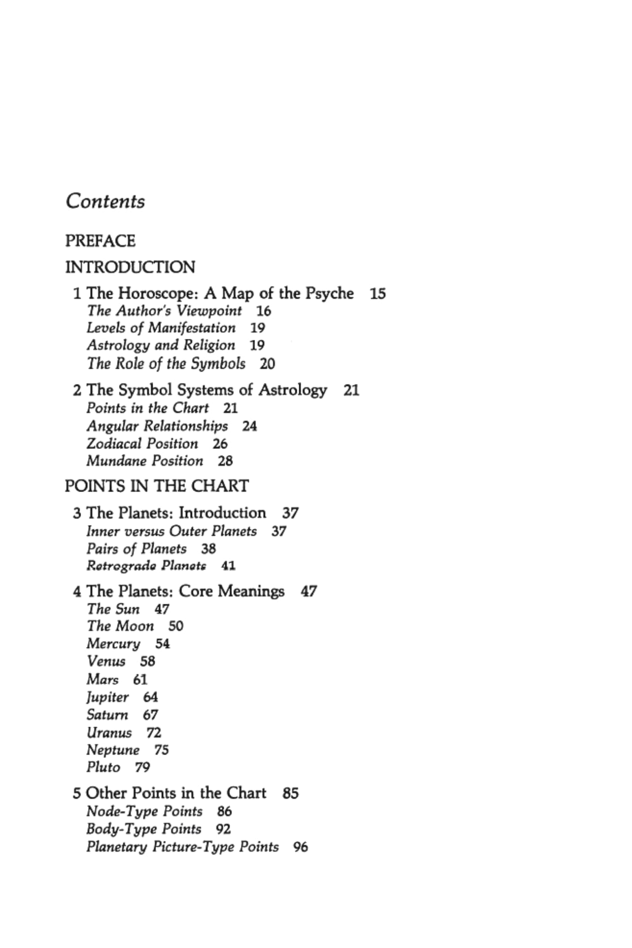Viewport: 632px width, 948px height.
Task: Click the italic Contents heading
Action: (x=105, y=201)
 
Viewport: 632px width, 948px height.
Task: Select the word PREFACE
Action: (x=100, y=241)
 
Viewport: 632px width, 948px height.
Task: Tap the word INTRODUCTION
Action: (x=130, y=267)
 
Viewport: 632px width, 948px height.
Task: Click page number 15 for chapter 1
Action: (x=378, y=294)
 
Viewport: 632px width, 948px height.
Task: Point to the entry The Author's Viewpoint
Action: (x=164, y=311)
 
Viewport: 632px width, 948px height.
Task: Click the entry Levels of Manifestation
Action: (x=161, y=328)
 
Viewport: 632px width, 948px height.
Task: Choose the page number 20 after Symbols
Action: (x=267, y=364)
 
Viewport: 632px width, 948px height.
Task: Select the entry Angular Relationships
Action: (x=157, y=426)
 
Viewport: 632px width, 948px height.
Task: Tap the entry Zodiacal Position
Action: (x=142, y=444)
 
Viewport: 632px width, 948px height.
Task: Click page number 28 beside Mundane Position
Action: (x=225, y=461)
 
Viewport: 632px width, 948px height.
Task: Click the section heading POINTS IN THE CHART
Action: (x=156, y=486)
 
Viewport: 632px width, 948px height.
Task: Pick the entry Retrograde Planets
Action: (x=147, y=566)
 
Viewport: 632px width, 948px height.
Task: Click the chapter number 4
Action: (x=77, y=592)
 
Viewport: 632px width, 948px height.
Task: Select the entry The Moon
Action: (x=120, y=626)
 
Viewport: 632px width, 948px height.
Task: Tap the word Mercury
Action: (x=113, y=644)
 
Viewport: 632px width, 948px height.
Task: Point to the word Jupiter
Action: (x=108, y=697)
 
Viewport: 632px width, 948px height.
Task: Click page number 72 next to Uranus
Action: (x=154, y=733)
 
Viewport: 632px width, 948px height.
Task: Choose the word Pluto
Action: (x=103, y=767)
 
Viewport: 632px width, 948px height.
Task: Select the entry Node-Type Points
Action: (x=145, y=811)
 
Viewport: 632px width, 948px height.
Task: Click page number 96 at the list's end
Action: (x=301, y=847)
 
